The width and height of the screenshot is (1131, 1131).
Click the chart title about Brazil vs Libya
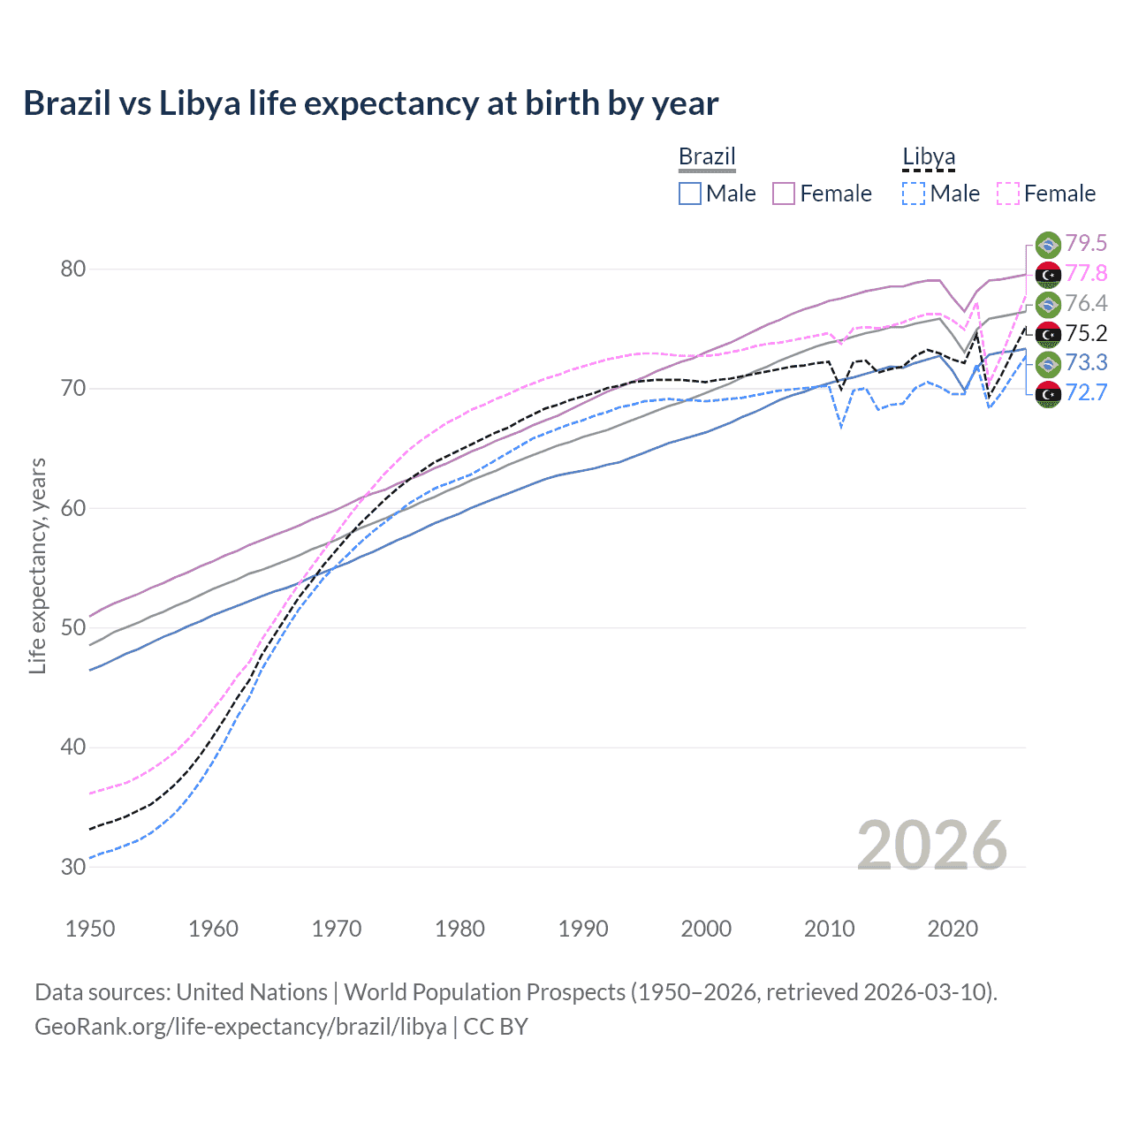pos(370,103)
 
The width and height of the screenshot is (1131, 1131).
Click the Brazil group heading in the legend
pos(707,157)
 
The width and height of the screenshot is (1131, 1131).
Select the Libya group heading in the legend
pos(929,157)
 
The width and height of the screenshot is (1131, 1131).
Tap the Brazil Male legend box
pos(690,194)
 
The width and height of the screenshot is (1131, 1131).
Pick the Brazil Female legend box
pos(784,194)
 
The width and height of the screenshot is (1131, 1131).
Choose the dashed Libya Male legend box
pos(914,194)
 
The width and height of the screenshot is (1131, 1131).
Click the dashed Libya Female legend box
pos(1008,194)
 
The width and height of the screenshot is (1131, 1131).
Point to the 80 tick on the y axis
pos(73,269)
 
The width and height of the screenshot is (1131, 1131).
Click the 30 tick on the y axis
pos(73,867)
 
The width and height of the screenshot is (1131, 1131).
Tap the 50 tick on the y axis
pos(73,627)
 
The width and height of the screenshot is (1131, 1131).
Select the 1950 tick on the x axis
pos(90,929)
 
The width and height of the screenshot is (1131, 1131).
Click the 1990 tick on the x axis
pos(583,929)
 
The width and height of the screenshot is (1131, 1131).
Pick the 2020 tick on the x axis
pos(953,929)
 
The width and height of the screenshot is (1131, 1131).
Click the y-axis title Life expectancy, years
pos(37,565)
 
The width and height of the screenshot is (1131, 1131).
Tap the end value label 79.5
pos(1086,244)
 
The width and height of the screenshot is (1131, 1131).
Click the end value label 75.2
pos(1086,333)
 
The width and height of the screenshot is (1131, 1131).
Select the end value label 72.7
pos(1086,393)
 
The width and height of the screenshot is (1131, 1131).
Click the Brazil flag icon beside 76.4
pos(1048,304)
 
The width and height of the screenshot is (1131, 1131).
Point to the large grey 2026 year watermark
pos(932,846)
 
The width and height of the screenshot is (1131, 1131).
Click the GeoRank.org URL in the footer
pos(240,1027)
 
